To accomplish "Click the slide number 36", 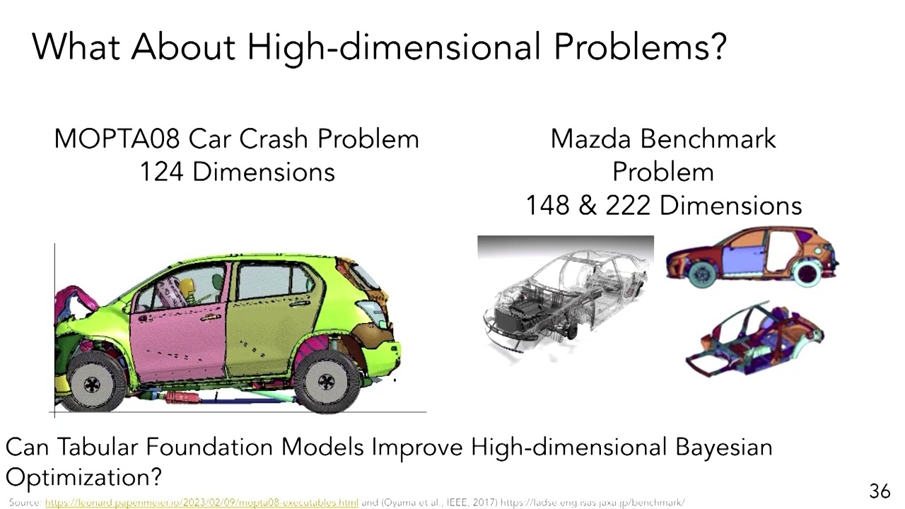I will [879, 491].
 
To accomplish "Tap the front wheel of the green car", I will [93, 383].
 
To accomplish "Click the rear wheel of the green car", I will [327, 382].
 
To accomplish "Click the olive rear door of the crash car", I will [265, 325].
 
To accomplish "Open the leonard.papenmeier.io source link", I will [202, 503].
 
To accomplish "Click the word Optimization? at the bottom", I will [83, 477].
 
